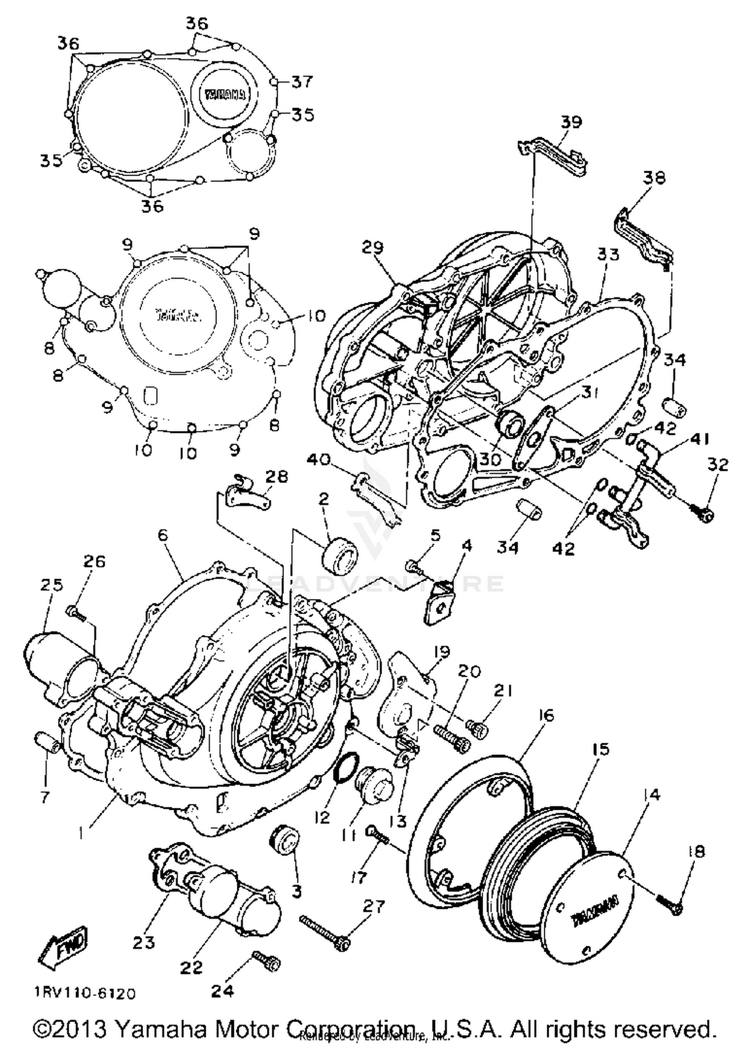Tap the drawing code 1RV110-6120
85,993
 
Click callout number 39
571,123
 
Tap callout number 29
372,247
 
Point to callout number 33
608,254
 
